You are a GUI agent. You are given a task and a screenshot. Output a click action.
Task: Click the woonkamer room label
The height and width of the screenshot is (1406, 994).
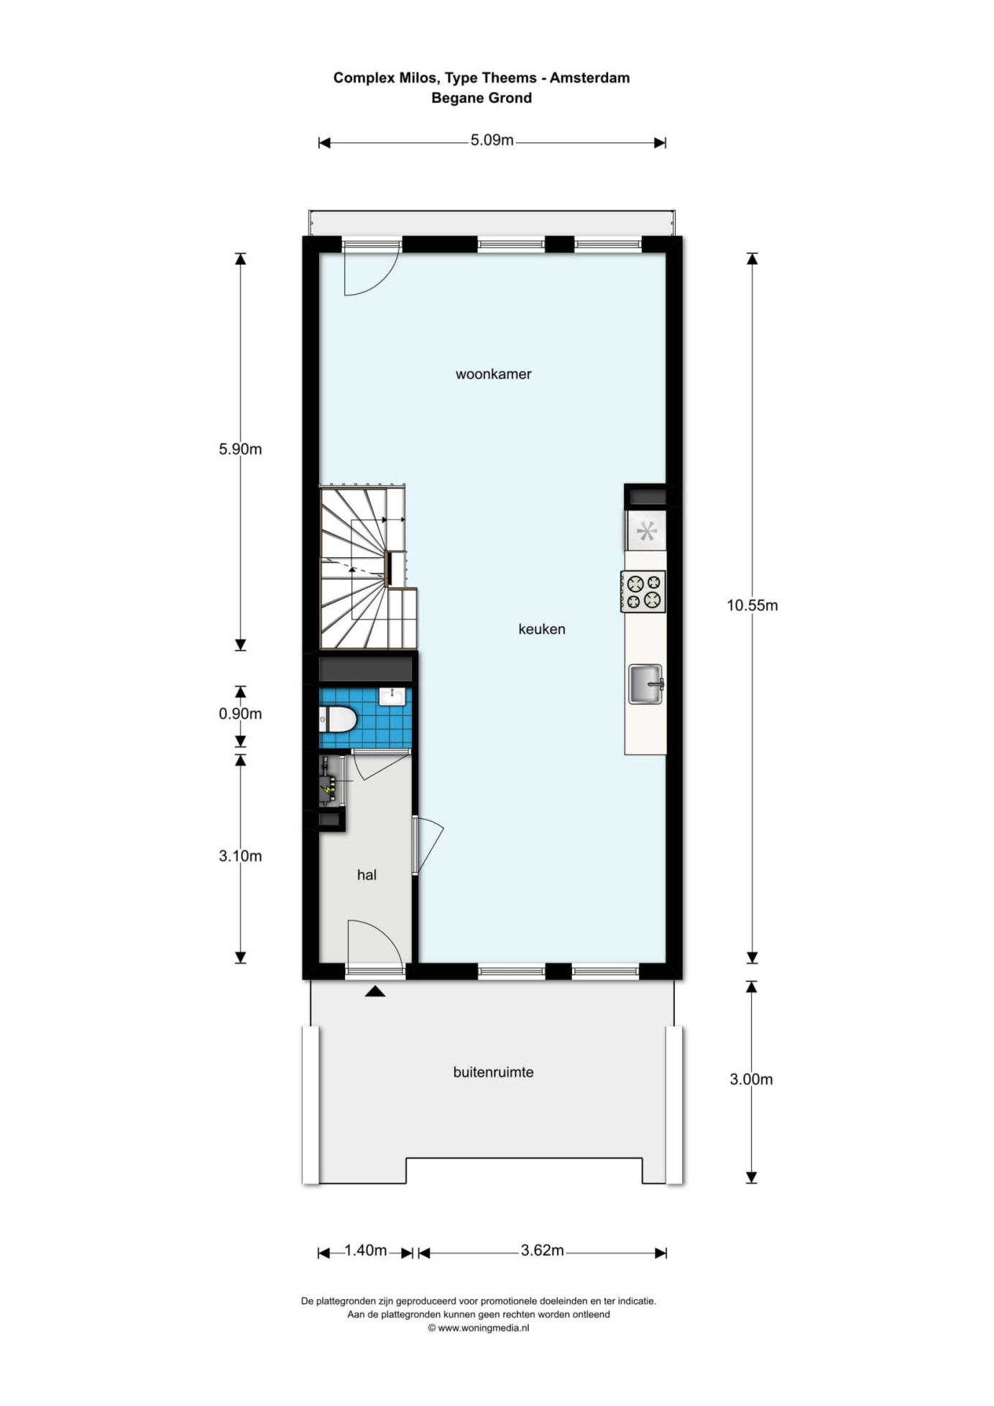[493, 374]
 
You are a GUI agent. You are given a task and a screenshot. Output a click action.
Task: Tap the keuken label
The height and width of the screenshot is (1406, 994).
[542, 629]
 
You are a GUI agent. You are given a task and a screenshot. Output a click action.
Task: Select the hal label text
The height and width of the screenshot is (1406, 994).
[367, 875]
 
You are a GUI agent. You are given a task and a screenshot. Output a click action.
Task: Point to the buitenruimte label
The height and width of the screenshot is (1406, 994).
[493, 1072]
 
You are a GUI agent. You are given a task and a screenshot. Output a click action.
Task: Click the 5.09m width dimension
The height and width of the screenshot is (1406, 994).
[492, 140]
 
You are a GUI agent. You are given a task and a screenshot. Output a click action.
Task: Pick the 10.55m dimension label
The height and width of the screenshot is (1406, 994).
[752, 605]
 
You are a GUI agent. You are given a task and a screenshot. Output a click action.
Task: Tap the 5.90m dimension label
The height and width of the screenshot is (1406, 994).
[240, 449]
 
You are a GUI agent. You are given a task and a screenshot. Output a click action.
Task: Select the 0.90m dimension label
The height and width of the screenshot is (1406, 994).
[240, 714]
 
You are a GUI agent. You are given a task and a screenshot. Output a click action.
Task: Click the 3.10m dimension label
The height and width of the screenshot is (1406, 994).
[240, 856]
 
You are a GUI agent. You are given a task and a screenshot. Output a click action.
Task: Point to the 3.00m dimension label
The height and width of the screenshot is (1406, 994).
[751, 1079]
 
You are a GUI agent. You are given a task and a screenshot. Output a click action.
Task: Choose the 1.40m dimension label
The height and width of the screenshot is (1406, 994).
[366, 1250]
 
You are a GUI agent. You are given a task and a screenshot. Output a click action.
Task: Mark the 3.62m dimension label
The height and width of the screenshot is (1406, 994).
[543, 1250]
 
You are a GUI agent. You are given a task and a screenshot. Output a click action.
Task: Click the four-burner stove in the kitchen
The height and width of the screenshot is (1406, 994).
[643, 592]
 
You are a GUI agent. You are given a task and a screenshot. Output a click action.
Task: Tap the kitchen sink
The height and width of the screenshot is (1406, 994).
[646, 684]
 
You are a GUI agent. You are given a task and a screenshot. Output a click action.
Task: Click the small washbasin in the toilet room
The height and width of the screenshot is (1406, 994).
[392, 697]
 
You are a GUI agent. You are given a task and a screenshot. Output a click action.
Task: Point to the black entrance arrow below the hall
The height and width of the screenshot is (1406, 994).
[375, 991]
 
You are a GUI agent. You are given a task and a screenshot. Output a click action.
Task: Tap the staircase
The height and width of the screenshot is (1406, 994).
[368, 568]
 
